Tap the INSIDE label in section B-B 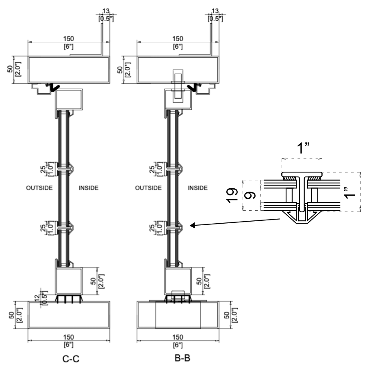(198, 188)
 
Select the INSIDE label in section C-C (88, 188)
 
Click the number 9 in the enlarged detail (251, 196)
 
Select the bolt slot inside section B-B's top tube (178, 86)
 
